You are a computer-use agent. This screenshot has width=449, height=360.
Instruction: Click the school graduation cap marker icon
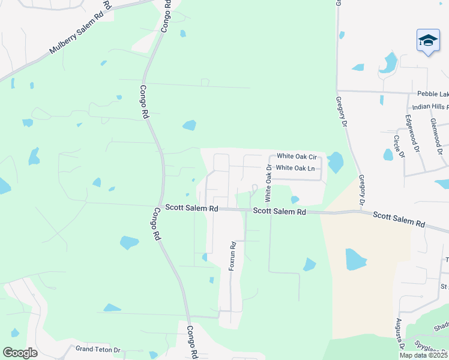coord(428,40)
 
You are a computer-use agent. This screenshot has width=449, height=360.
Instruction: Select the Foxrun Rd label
coord(232,256)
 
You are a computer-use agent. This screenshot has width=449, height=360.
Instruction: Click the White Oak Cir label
coord(296,156)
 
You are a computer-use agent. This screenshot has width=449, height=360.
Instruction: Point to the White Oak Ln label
coord(295,168)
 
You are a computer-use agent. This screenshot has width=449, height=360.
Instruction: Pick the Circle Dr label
coord(399,146)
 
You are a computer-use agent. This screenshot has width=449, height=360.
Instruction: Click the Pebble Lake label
coord(433,94)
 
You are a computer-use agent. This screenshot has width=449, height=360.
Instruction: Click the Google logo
coord(20,353)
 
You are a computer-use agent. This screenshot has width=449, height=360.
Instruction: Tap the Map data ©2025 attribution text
coord(423,355)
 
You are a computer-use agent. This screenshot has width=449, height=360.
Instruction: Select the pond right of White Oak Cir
coord(334,161)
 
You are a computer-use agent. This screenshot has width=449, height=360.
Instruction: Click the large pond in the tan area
coord(355,259)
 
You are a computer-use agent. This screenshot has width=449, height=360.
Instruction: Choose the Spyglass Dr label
coord(431,347)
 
